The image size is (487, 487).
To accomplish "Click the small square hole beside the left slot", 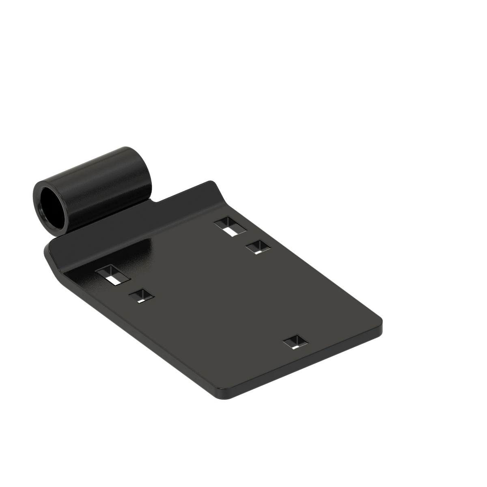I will [142, 296].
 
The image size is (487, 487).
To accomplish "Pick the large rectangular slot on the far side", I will [231, 226].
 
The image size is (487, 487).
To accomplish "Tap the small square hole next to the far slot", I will [257, 247].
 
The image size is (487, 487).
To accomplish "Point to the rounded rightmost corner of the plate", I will [379, 325].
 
